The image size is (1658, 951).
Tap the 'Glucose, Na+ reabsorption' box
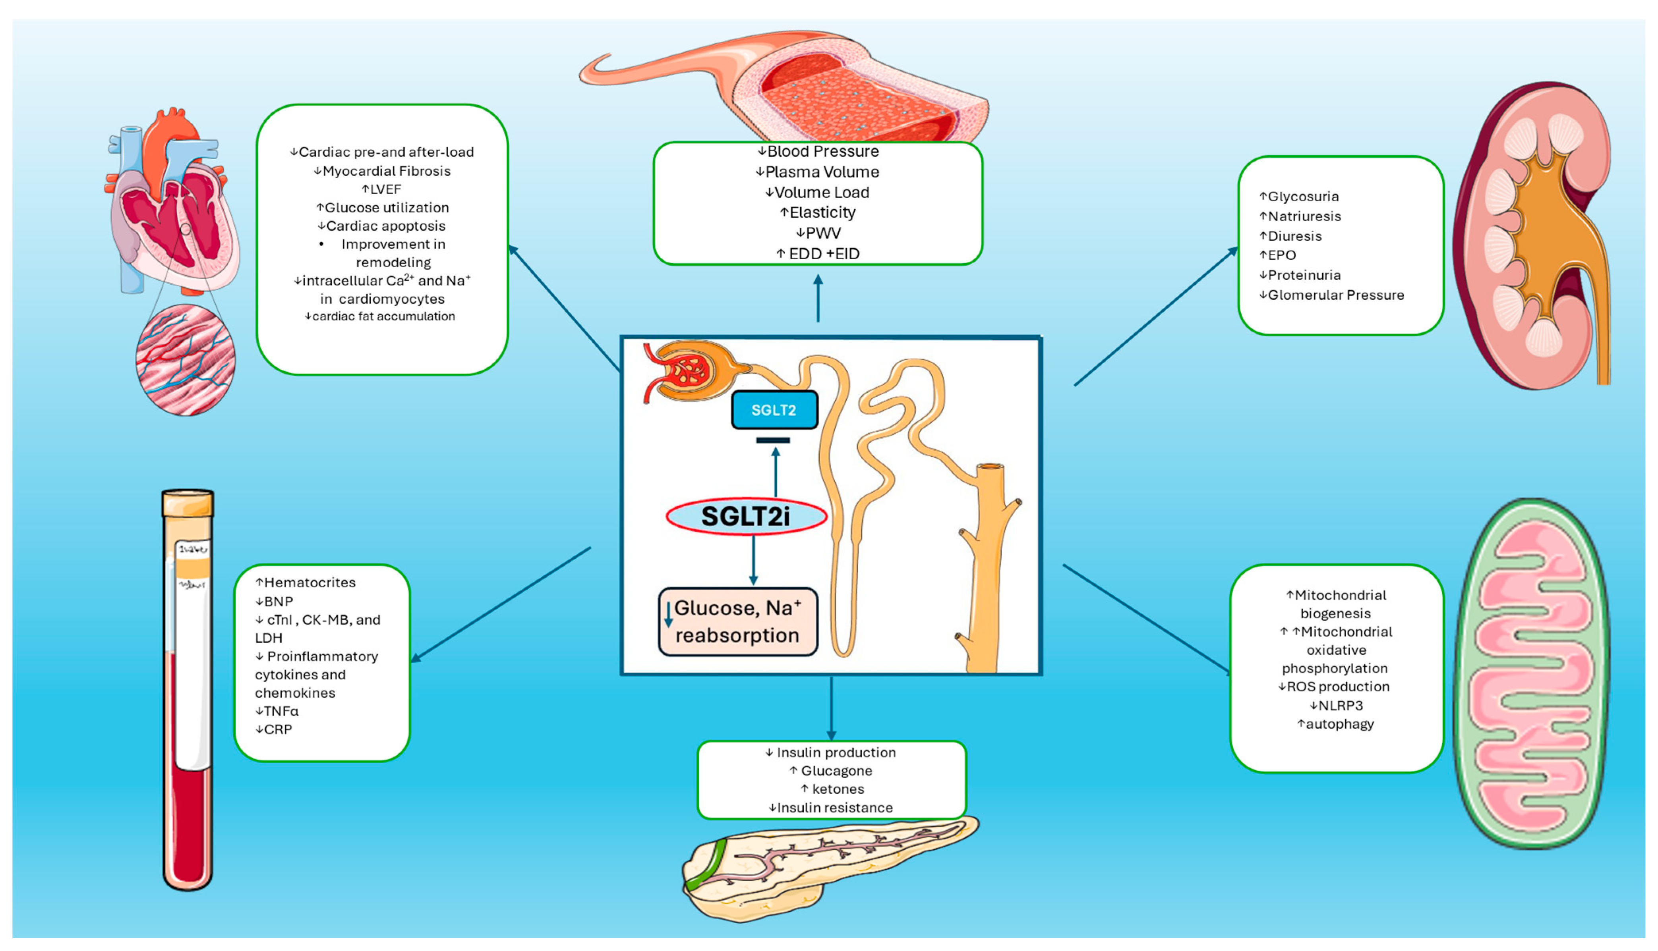click(737, 622)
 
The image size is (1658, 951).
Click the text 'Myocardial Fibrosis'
click(386, 171)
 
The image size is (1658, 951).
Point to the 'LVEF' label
click(385, 189)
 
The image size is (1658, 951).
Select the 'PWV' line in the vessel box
click(822, 233)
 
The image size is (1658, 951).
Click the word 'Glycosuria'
click(1302, 197)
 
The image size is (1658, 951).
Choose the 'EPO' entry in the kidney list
click(1282, 255)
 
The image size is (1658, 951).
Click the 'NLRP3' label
click(1340, 706)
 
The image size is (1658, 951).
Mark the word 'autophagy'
click(1339, 724)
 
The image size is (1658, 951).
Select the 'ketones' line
click(837, 789)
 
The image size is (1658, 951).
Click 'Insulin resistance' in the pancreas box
click(834, 808)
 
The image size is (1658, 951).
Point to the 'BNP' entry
click(278, 602)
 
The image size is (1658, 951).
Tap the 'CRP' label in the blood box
click(277, 729)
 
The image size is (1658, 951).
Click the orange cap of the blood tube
click(188, 504)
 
